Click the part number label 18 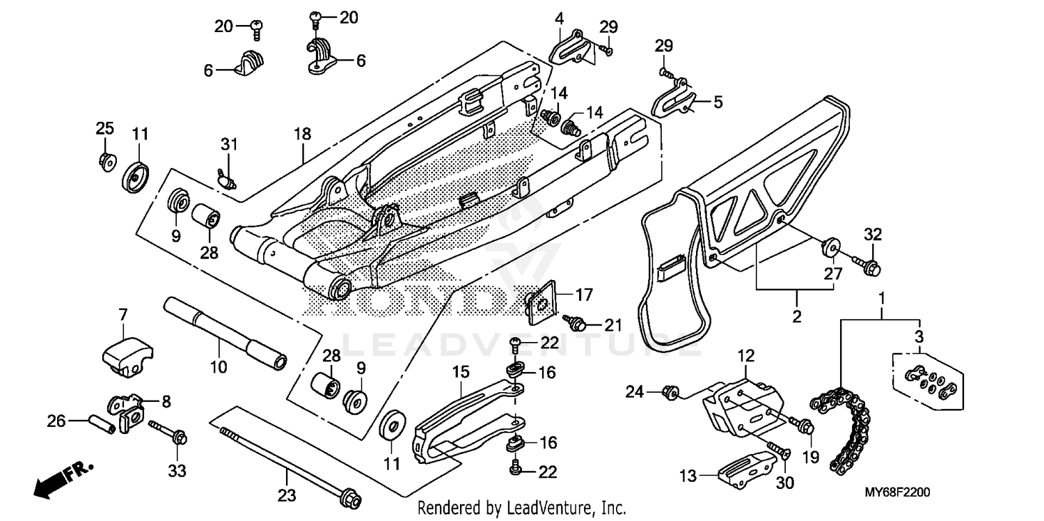pyautogui.click(x=302, y=134)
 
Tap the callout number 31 pyautogui.click(x=229, y=145)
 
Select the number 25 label pyautogui.click(x=104, y=128)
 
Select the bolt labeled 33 pyautogui.click(x=167, y=433)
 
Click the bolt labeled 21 pyautogui.click(x=576, y=322)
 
